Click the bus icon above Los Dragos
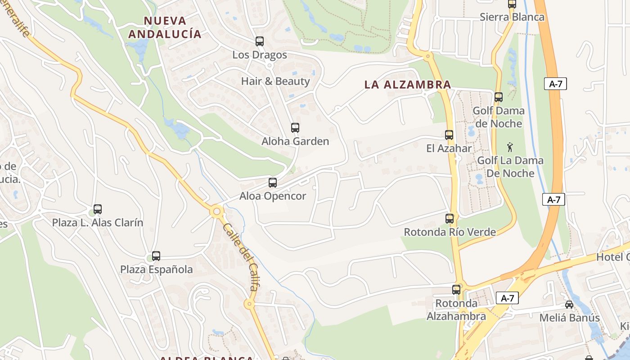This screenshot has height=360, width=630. tap(260, 41)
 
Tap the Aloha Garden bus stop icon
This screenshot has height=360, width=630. tap(295, 128)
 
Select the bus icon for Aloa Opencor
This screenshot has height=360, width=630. tap(273, 183)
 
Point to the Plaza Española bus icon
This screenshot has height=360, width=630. tap(156, 256)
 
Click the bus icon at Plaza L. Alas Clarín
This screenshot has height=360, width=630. tap(98, 209)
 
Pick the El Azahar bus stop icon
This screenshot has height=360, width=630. tap(449, 135)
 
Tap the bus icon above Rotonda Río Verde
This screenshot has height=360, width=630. tap(450, 219)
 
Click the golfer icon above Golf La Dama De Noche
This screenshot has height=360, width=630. tap(510, 147)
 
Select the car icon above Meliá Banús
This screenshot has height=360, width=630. tap(569, 305)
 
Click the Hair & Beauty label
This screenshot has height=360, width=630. tap(275, 81)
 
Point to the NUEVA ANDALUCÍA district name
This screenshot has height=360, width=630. tap(165, 27)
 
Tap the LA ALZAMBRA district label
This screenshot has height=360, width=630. tap(408, 85)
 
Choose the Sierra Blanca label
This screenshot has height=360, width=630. tap(512, 17)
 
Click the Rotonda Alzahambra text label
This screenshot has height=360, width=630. tap(456, 310)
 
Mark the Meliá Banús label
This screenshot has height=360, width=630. tap(570, 318)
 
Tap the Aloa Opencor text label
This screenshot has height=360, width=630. tap(273, 196)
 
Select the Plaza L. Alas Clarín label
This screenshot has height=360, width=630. tap(98, 223)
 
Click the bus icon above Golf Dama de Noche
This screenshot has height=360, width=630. tap(499, 97)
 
